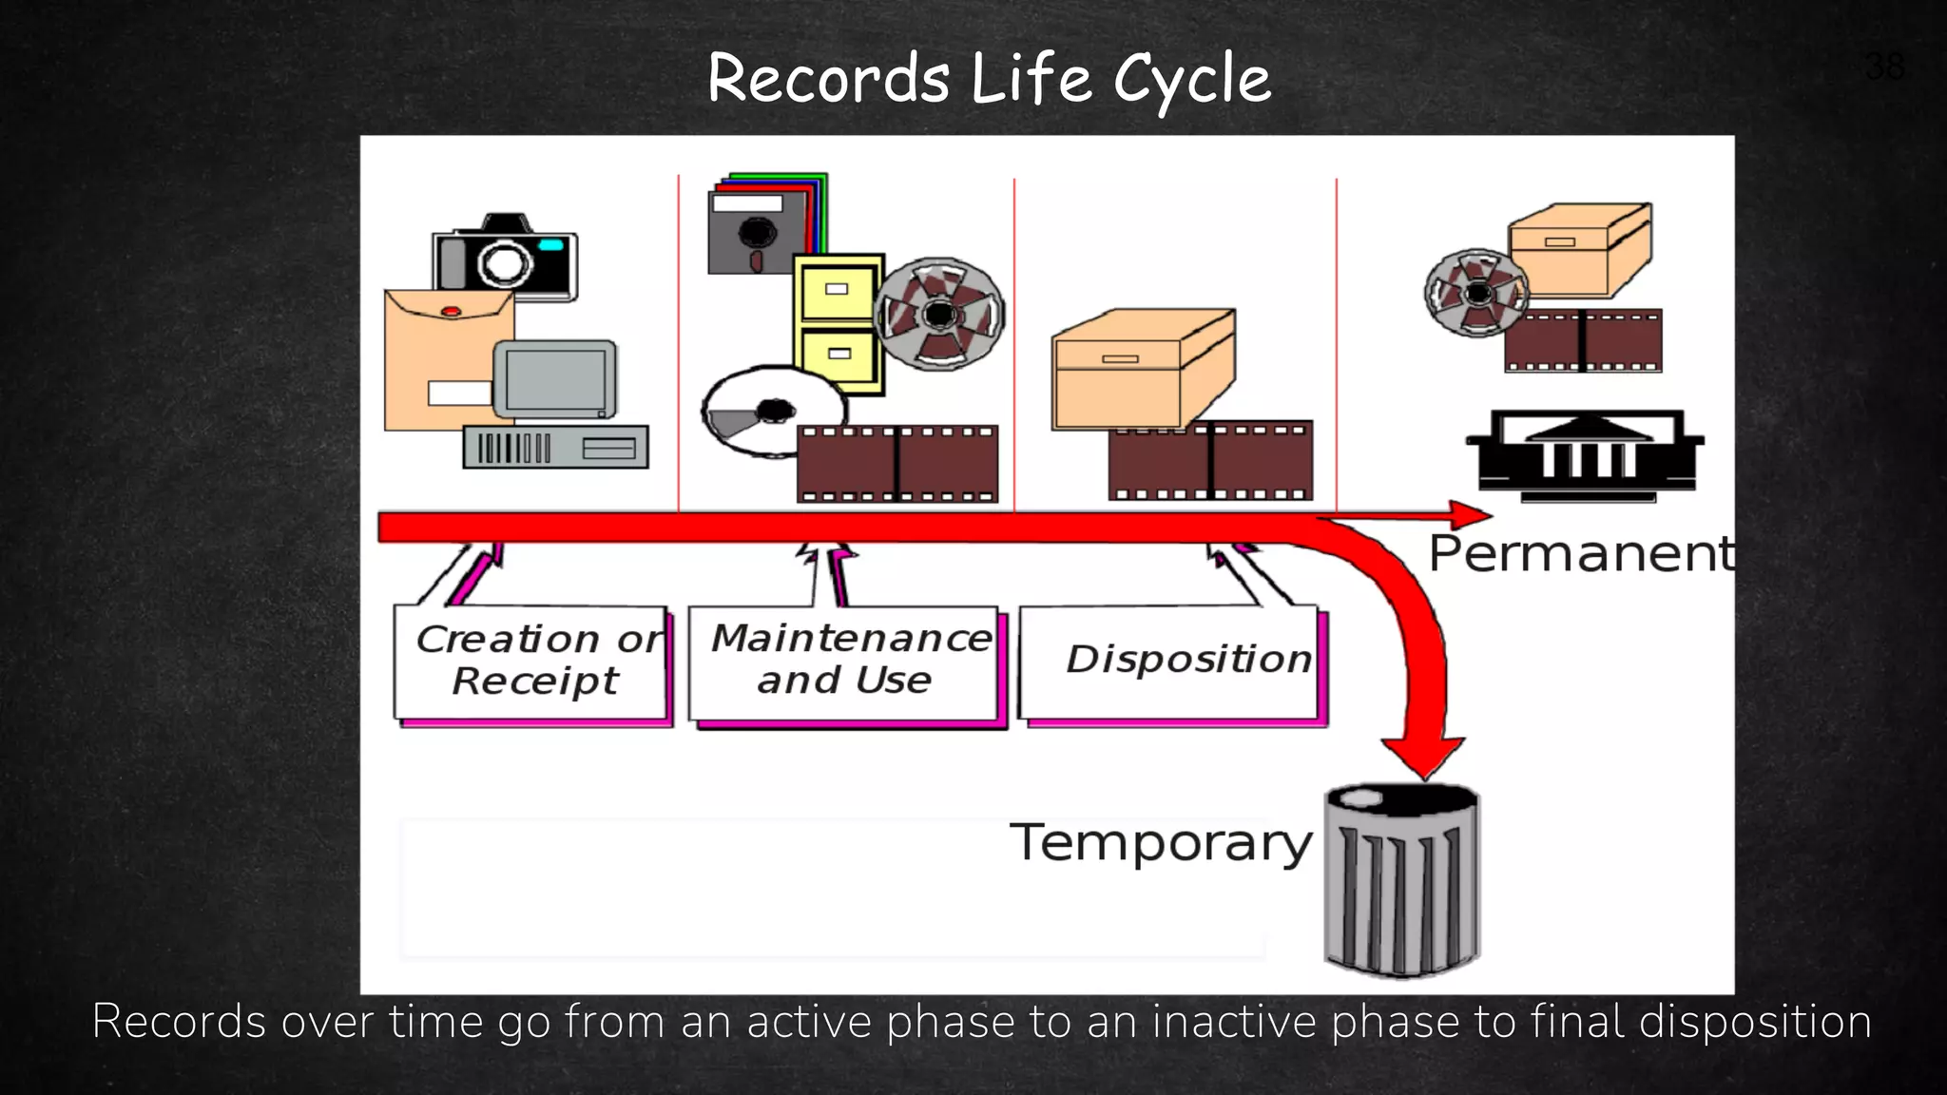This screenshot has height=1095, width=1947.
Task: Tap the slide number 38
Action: [1884, 67]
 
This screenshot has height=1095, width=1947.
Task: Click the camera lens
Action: [504, 262]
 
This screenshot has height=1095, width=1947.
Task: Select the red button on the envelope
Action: [452, 311]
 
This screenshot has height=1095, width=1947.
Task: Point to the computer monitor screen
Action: [555, 379]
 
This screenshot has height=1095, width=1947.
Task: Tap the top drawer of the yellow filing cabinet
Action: [838, 291]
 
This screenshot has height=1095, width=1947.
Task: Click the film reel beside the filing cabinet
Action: [939, 314]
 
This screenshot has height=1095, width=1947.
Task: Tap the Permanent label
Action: [1581, 553]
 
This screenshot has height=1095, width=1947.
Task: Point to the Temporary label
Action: [1160, 842]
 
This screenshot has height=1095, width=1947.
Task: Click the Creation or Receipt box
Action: [532, 662]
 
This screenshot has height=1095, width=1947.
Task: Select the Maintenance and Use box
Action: [844, 661]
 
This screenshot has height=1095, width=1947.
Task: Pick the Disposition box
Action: [1171, 661]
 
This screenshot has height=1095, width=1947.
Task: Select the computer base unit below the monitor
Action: [556, 447]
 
